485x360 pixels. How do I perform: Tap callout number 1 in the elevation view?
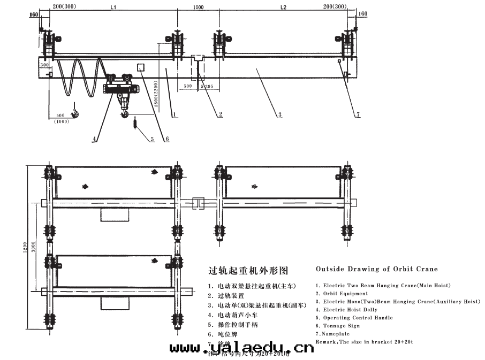(175, 114)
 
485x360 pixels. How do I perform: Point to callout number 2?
(220, 114)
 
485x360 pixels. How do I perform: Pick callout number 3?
(279, 114)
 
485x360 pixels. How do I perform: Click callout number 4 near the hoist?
(94, 139)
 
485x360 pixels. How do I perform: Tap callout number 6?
(166, 139)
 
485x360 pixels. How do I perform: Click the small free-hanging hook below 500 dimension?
(76, 111)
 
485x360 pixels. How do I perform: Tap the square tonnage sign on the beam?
(142, 67)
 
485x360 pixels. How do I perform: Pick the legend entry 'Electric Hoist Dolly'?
(350, 310)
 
